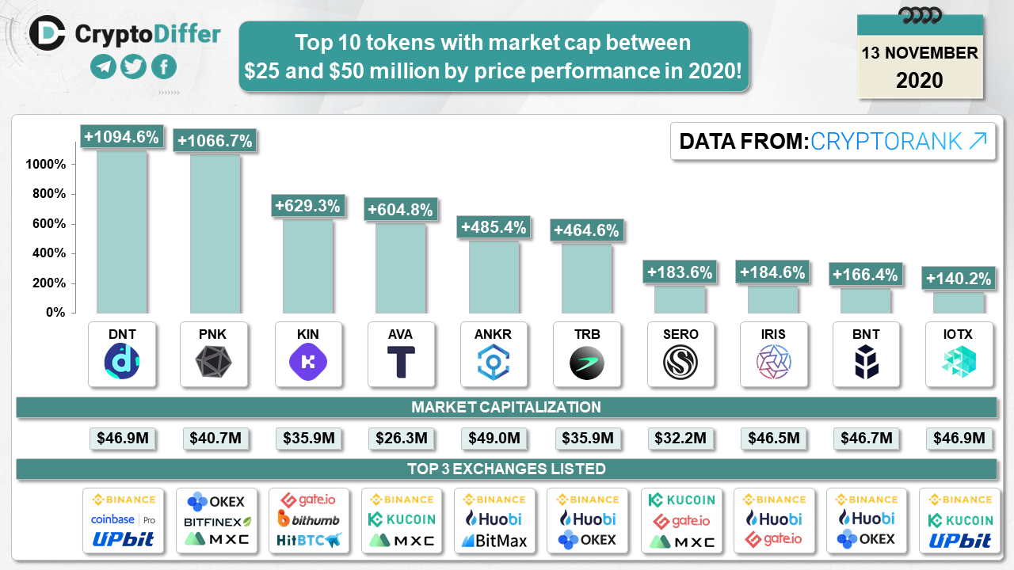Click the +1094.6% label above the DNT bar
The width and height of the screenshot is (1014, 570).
click(x=122, y=137)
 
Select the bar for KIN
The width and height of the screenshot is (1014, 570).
click(x=308, y=265)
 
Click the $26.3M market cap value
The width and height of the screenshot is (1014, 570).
click(x=401, y=438)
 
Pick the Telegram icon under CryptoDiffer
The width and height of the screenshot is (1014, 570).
click(x=103, y=67)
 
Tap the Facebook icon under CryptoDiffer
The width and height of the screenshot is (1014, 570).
click(x=164, y=67)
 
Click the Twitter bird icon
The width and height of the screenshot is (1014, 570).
click(x=133, y=67)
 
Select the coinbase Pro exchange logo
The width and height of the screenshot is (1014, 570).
click(x=123, y=520)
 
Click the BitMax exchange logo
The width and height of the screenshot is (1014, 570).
click(x=494, y=541)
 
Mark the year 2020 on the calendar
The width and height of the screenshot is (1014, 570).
click(x=920, y=80)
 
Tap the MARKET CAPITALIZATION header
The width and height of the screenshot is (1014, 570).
click(x=506, y=408)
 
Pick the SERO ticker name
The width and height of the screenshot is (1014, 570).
click(x=680, y=334)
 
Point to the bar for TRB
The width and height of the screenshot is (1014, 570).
click(x=587, y=278)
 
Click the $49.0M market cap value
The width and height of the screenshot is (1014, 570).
click(x=494, y=438)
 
